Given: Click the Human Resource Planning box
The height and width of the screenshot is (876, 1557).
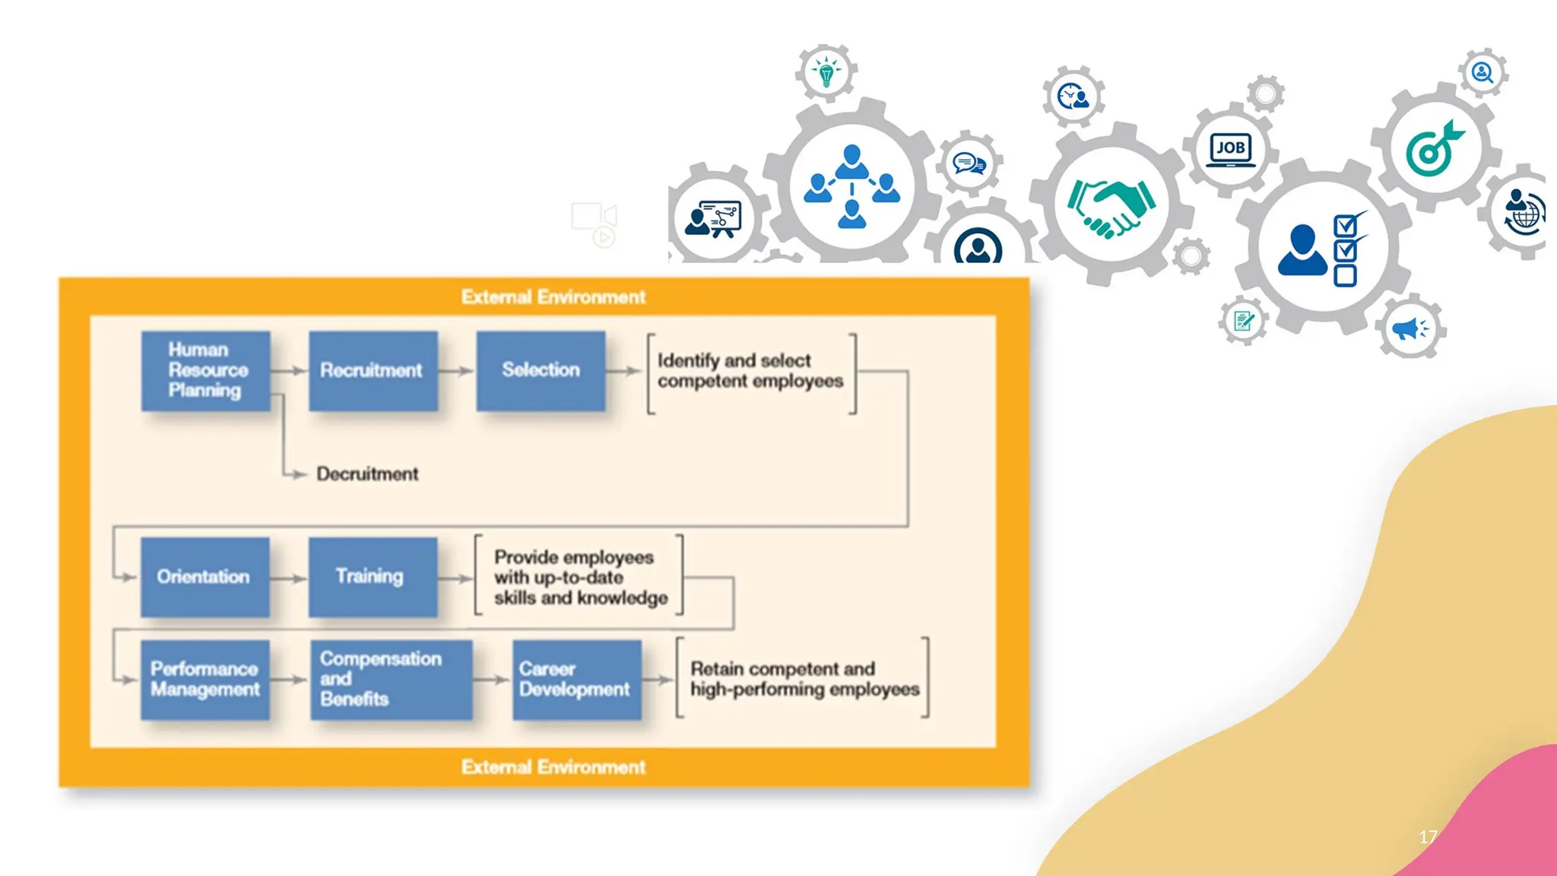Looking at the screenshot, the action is tap(206, 371).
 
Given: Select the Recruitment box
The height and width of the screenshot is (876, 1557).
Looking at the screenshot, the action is tap(373, 371).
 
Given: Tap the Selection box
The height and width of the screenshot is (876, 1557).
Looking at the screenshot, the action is tap(541, 371).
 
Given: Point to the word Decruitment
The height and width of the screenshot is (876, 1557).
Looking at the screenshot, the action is tap(367, 474).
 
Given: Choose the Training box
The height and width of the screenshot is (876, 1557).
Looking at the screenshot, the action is tap(373, 577).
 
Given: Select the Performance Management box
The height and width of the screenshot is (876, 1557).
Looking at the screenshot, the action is tap(205, 680).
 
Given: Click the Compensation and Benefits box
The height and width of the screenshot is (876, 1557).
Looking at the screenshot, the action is tap(392, 680).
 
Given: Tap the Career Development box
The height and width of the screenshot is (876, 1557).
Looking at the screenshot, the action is tap(577, 680).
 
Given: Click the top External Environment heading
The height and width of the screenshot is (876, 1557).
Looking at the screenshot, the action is tap(553, 297).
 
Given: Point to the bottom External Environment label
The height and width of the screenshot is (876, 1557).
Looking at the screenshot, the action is tap(553, 766).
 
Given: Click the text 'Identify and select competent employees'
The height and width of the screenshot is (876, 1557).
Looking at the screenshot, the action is tap(750, 370).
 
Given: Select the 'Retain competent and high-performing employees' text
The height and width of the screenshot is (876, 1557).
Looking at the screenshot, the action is tap(805, 679).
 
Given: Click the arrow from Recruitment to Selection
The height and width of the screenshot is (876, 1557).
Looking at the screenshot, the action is tap(456, 371).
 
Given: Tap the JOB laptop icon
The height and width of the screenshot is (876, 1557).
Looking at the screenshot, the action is tap(1231, 148).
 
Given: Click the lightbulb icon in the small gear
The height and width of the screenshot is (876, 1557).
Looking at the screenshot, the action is tap(826, 72).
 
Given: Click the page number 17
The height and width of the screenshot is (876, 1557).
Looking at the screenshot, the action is tap(1428, 836).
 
